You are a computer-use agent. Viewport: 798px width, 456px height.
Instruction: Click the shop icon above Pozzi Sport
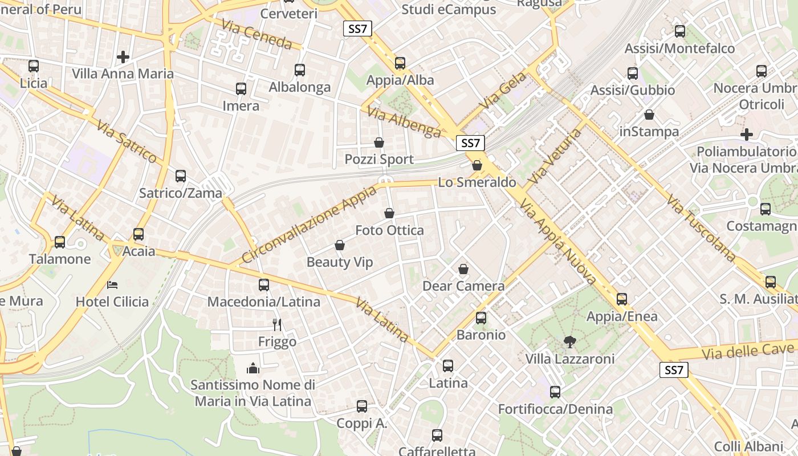click(x=379, y=142)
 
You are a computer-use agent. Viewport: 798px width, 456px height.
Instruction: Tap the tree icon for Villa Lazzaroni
click(x=569, y=342)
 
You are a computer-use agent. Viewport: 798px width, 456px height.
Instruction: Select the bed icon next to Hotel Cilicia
click(x=112, y=284)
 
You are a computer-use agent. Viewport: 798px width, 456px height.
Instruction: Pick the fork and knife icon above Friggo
click(x=277, y=325)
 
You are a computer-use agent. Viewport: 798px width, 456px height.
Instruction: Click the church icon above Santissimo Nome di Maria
click(x=253, y=369)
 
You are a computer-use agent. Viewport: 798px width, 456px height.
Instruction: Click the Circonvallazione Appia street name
click(x=310, y=223)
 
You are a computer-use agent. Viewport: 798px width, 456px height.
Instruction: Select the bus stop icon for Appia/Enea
click(x=622, y=299)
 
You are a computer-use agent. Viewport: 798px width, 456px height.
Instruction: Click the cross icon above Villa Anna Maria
click(x=123, y=57)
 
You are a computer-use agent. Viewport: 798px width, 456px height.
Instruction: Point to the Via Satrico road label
click(x=127, y=141)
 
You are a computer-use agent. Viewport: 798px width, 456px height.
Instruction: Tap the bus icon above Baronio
click(x=481, y=318)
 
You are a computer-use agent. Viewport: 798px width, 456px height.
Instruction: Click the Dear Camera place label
click(x=463, y=286)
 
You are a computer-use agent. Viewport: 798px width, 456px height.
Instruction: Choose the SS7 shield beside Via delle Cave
click(x=673, y=370)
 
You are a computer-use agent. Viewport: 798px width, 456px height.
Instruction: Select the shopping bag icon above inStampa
click(x=649, y=115)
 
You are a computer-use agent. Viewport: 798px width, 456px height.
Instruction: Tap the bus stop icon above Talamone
click(x=60, y=242)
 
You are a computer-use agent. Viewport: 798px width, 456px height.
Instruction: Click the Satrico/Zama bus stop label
click(x=181, y=193)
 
